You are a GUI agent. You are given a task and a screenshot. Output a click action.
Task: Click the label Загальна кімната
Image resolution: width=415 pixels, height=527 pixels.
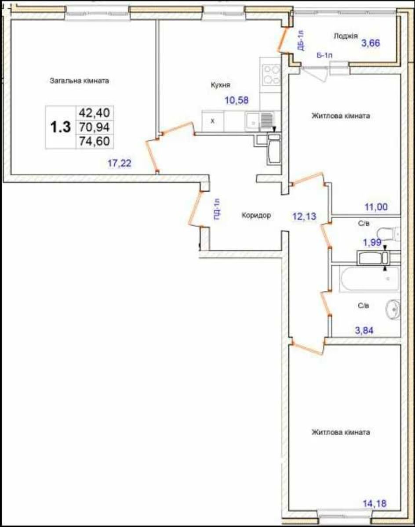[80, 81]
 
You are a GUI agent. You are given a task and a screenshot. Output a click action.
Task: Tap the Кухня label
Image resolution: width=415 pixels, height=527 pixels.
[220, 85]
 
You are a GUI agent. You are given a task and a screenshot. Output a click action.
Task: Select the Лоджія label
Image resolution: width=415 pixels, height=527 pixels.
[346, 36]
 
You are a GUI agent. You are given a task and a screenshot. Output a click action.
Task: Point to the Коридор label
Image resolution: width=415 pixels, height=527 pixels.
[256, 215]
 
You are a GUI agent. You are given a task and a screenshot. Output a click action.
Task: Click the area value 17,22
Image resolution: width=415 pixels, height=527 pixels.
[120, 163]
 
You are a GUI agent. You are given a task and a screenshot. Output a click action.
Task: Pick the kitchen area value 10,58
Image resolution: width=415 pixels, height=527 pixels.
[237, 100]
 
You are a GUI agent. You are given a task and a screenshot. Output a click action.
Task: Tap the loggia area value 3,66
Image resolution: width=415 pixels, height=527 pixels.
[371, 43]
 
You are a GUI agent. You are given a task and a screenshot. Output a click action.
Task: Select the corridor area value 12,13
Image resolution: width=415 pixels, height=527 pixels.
[305, 216]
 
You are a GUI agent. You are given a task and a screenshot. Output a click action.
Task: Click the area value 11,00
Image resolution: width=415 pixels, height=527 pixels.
[376, 207]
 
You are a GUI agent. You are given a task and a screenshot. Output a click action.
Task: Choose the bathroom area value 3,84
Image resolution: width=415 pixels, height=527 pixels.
[364, 330]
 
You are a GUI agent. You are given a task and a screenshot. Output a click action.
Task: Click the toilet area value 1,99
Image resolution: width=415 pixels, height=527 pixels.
[372, 242]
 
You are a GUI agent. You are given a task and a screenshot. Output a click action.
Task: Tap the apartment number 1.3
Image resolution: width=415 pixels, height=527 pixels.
[60, 127]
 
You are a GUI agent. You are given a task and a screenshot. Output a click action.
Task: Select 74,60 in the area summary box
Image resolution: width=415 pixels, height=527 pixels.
[95, 141]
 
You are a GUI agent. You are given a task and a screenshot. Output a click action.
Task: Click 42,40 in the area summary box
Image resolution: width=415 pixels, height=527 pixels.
[95, 113]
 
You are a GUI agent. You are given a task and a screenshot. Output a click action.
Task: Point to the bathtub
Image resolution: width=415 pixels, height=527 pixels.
[369, 279]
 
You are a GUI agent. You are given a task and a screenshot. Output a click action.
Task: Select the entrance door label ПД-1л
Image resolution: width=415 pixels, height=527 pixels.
[217, 209]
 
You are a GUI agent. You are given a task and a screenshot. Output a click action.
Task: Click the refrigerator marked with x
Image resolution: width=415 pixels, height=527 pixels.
[213, 121]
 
